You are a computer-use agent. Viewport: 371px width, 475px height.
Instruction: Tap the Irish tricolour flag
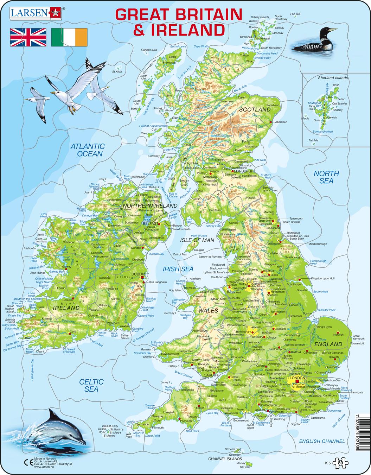[69, 38]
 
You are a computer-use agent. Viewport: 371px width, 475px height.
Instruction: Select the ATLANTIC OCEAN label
[88, 150]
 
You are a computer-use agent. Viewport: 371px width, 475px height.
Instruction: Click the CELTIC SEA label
[91, 385]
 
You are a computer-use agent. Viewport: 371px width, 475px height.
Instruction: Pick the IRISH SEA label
[178, 269]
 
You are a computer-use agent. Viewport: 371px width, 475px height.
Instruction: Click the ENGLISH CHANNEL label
[322, 441]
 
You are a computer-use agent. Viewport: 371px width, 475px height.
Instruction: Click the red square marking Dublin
[142, 278]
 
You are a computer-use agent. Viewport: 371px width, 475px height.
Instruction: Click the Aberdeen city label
[281, 122]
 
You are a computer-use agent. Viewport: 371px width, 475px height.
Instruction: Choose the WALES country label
[208, 311]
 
